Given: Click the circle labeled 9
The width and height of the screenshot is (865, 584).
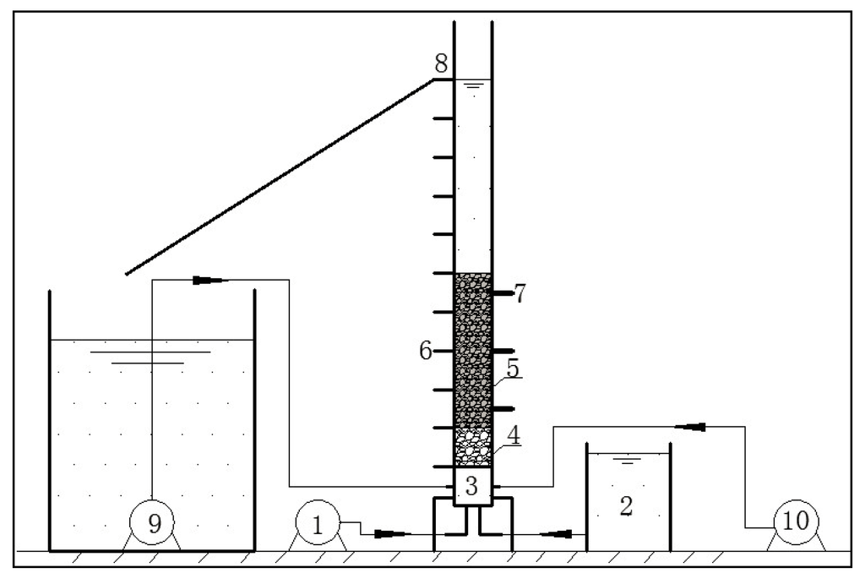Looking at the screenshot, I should tap(154, 524).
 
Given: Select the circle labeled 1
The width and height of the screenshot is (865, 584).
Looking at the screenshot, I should tap(318, 524).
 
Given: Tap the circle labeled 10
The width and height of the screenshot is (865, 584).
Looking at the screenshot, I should tap(796, 524).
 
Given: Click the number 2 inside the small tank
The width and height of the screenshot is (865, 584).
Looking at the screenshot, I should tap(626, 506).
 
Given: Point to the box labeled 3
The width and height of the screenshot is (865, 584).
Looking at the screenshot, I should tap(472, 486).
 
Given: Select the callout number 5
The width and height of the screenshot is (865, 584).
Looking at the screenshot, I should tap(513, 369).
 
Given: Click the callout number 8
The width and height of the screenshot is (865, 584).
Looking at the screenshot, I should tap(442, 63).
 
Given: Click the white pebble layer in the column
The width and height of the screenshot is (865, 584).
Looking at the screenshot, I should tap(472, 447).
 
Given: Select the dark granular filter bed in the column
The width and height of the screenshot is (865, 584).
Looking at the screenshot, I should tap(472, 351).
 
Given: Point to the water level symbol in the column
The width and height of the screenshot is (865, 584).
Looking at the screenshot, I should tap(473, 85).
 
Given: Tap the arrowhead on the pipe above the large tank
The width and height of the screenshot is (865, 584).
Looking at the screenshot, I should tap(209, 281).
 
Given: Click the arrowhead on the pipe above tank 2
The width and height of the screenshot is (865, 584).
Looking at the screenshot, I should tap(691, 427).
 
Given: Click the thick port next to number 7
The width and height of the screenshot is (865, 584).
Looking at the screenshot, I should tap(502, 293).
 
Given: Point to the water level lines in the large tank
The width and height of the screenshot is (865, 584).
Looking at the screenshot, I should tap(150, 357).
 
